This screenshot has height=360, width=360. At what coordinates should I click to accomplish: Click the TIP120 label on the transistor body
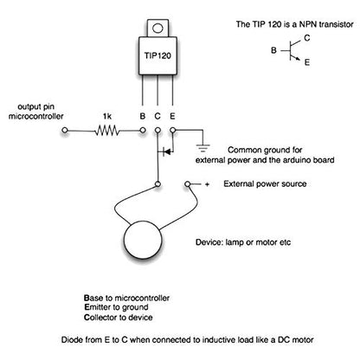(x=157, y=55)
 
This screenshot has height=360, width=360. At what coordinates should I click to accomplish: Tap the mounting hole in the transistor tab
(x=157, y=29)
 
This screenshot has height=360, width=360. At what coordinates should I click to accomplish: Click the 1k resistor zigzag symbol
(x=107, y=131)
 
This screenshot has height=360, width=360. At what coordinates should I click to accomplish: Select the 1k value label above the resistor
(x=107, y=117)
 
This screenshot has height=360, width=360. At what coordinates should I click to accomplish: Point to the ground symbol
(x=202, y=148)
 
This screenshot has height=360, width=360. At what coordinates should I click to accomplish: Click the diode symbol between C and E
(x=166, y=151)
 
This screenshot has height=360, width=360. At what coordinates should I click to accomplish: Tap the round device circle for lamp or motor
(x=142, y=240)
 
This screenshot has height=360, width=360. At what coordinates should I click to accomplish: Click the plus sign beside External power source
(x=207, y=184)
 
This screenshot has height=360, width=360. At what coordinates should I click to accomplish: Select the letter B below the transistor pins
(x=143, y=116)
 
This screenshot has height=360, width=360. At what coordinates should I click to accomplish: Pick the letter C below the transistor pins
(x=157, y=116)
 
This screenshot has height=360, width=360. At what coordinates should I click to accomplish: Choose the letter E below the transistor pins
(x=172, y=116)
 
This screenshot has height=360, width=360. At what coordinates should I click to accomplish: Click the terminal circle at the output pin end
(x=65, y=131)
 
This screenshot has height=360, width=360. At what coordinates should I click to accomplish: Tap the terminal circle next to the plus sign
(x=188, y=184)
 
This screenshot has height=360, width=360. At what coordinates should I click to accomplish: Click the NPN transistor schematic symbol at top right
(x=291, y=51)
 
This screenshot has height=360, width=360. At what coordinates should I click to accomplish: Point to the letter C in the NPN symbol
(x=307, y=38)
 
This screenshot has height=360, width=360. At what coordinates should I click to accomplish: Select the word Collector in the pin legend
(x=100, y=318)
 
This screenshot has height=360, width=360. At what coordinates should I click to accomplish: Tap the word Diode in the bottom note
(x=71, y=339)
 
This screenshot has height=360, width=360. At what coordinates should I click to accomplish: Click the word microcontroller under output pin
(x=35, y=116)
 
